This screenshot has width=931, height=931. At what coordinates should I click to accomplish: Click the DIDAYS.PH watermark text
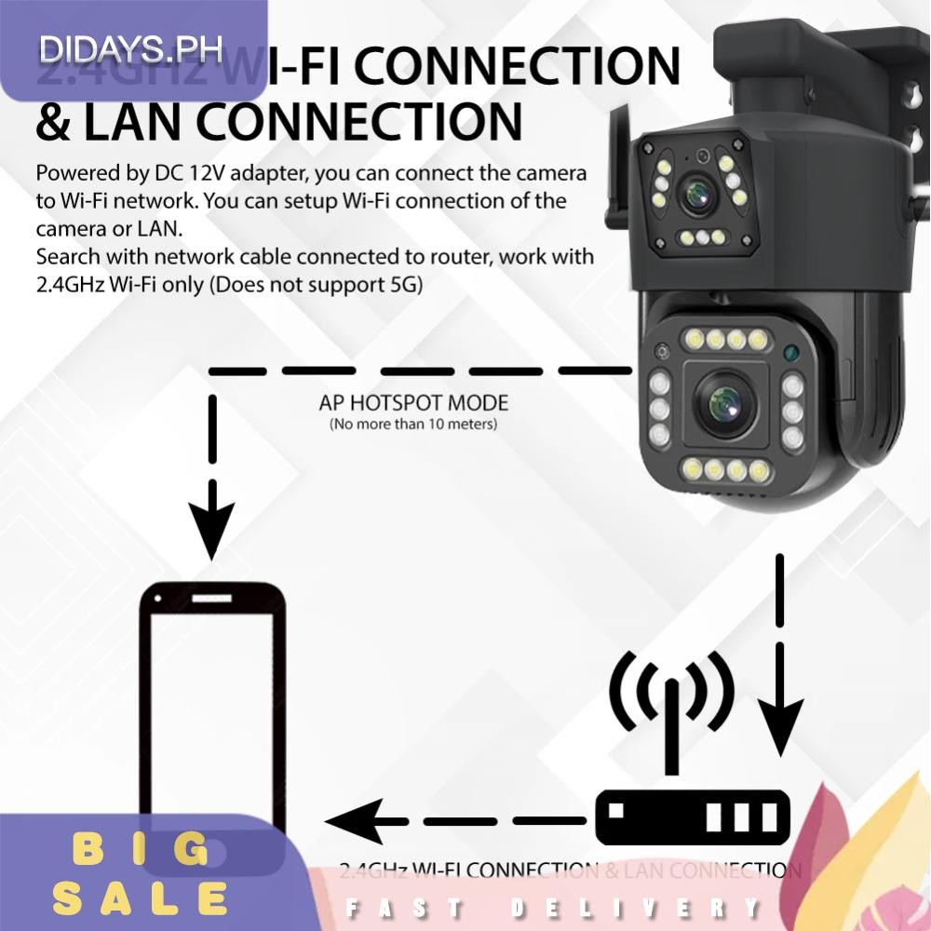coord(131,47)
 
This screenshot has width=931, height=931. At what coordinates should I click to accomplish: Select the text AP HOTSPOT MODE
coord(413,403)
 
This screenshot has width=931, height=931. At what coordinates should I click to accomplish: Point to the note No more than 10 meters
coord(413,425)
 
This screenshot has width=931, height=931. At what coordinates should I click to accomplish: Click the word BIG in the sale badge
coord(142,850)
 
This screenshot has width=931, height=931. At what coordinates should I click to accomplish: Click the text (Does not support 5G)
coord(316,286)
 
